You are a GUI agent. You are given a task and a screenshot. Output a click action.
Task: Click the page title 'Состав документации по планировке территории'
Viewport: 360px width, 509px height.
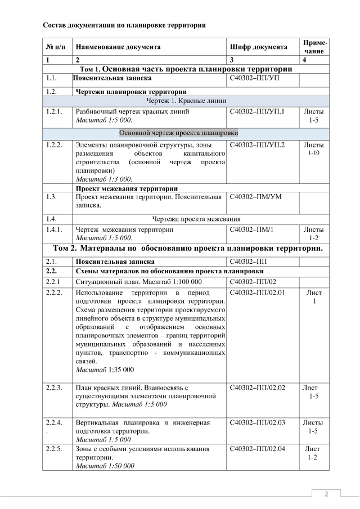(x=124, y=25)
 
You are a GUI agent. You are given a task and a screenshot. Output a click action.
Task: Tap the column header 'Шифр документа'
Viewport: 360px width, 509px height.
(x=259, y=47)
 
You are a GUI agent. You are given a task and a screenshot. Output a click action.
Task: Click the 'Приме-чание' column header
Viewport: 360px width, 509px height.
(x=316, y=47)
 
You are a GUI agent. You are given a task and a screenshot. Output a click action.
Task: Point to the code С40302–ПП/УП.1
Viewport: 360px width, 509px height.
(x=258, y=111)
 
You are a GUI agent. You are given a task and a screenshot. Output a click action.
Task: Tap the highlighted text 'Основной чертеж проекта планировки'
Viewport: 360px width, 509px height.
(x=178, y=133)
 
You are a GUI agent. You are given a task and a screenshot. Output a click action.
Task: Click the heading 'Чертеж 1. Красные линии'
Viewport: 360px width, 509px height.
(x=186, y=101)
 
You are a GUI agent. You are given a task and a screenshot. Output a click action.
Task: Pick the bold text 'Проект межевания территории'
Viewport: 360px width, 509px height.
(x=127, y=188)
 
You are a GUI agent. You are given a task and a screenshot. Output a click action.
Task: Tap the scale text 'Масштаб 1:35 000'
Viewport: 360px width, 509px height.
(x=105, y=370)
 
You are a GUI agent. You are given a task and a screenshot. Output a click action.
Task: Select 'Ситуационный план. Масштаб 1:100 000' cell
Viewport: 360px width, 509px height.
(x=138, y=282)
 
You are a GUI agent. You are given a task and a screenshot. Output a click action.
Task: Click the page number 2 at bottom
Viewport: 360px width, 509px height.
(x=326, y=494)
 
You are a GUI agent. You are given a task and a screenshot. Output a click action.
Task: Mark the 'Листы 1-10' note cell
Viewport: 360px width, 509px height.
(x=315, y=148)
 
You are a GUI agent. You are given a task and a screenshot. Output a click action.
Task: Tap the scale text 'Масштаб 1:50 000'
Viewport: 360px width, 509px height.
(x=105, y=466)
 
